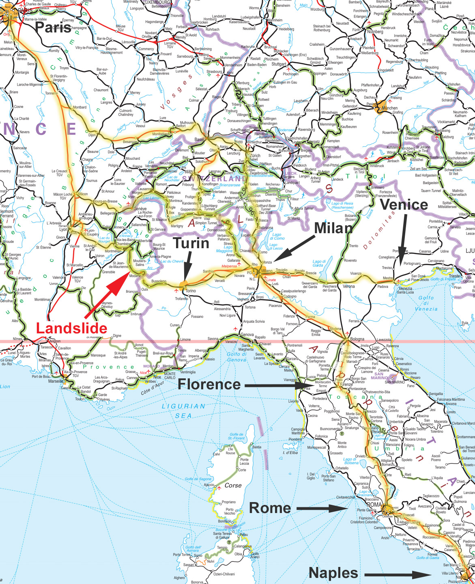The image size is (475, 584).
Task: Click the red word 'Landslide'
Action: point(71,328)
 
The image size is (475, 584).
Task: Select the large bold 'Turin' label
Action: point(191,243)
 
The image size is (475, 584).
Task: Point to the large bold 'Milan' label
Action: point(333,228)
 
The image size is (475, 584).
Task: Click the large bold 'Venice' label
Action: point(404,204)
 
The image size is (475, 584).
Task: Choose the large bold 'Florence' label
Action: point(209,384)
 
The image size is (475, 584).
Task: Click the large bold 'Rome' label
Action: point(270,507)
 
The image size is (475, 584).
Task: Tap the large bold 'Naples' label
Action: point(333,573)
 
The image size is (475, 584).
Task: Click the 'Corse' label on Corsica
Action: point(233,485)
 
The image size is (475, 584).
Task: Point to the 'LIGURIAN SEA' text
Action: point(183,410)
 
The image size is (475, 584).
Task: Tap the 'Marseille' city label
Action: point(56,381)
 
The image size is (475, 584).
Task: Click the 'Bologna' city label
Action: point(357,339)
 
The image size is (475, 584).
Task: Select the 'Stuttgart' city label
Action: point(279,64)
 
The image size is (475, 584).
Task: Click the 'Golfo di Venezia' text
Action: point(426,303)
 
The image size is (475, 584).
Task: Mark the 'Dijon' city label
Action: point(92,135)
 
